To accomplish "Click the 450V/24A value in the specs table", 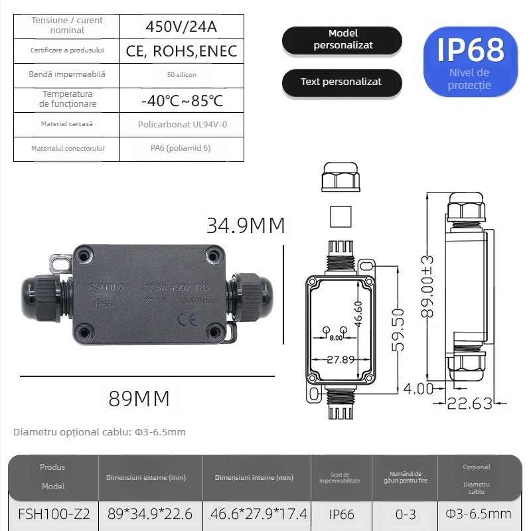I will point(181,27).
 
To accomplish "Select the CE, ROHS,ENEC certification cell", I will point(181,51).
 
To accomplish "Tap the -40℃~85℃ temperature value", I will point(181,100).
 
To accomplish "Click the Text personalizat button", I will point(341,82).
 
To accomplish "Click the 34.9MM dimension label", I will point(246,226).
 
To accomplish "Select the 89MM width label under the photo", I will point(139,398).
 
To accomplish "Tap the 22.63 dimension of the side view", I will point(470,403).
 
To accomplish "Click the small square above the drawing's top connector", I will point(339,216).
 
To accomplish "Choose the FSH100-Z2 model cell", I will point(54,514).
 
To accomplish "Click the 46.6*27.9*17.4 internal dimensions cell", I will point(259,514).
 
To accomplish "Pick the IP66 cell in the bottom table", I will point(341,514).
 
